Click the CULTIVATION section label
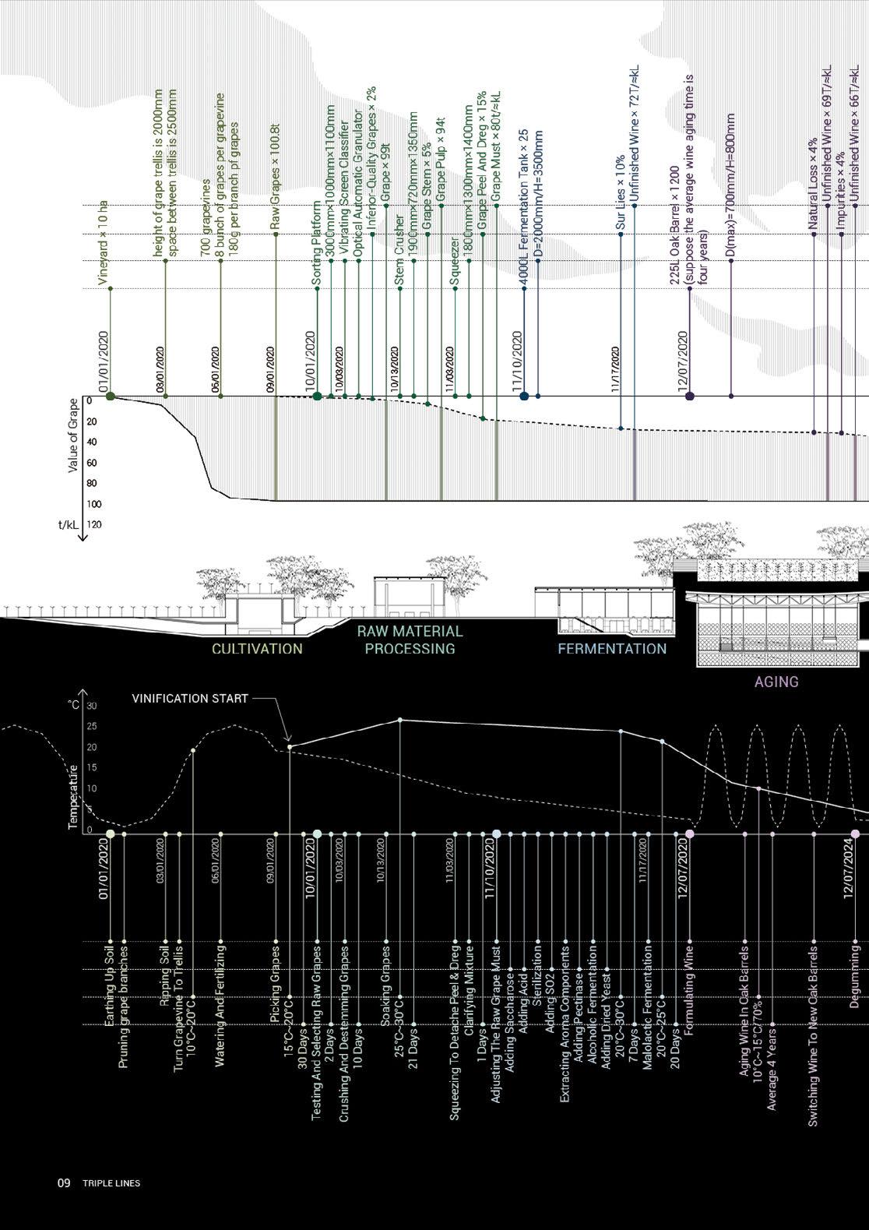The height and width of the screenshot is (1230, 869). point(257,649)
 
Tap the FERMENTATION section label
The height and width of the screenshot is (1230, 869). point(612,648)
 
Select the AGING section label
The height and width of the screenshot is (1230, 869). point(776,682)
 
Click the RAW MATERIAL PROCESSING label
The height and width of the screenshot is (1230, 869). point(410,640)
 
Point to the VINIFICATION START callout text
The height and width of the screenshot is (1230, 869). point(191,699)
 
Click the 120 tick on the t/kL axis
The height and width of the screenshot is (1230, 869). point(94,525)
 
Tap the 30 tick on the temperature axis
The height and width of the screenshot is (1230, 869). point(92,707)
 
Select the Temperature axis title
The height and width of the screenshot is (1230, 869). point(74,797)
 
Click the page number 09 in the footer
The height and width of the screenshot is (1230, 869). point(63,1182)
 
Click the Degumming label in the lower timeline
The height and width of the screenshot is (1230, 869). point(854,978)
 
